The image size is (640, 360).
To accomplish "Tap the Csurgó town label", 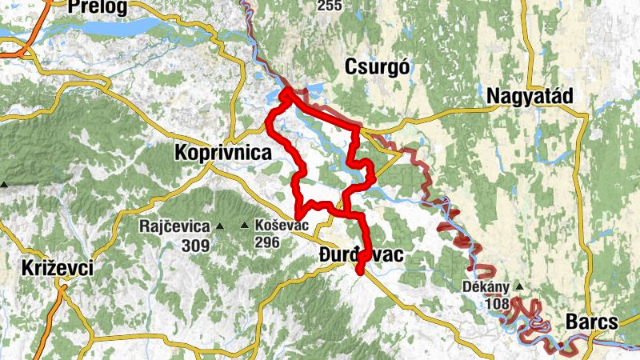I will coord(378,68).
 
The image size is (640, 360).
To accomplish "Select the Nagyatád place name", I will coord(530,96).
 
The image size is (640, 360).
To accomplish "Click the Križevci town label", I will coord(58,268).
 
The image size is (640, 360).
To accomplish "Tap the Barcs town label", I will coord(591,322).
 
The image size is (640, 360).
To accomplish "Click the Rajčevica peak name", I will coord(174,226).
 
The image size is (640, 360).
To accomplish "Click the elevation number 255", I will coord(328,6).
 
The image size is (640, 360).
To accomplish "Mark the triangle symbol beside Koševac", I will coord(244,226).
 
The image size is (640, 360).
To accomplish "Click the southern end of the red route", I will coord(360,272).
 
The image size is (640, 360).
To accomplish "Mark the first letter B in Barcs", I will coord(571,322).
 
